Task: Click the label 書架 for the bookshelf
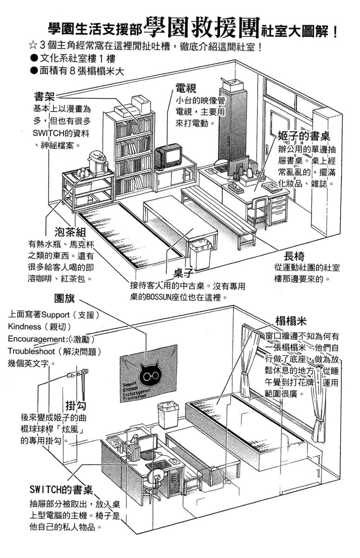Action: (x=44, y=96)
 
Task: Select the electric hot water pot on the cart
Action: (x=98, y=163)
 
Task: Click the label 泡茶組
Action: (x=70, y=232)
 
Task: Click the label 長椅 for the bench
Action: (x=294, y=256)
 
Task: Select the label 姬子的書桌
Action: (x=304, y=136)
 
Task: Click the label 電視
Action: (x=186, y=88)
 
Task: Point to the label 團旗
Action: (x=65, y=298)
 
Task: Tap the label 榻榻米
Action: (x=291, y=321)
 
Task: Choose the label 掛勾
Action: (x=76, y=405)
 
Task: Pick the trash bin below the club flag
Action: (x=168, y=414)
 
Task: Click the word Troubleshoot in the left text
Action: (x=31, y=351)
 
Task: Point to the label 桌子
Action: (x=184, y=273)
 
